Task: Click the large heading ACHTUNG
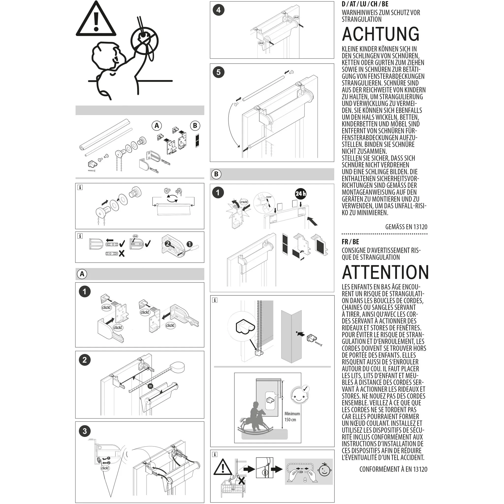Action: (x=380, y=34)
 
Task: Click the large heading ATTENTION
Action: (x=385, y=272)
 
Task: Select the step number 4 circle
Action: (x=218, y=10)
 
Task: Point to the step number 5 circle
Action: (x=218, y=72)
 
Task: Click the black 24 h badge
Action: (x=300, y=194)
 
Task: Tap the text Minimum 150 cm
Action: (x=292, y=417)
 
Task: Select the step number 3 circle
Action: (x=84, y=431)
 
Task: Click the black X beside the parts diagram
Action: (x=122, y=253)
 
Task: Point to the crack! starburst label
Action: (x=244, y=202)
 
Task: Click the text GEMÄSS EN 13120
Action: (x=406, y=227)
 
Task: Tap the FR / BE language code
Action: (x=350, y=242)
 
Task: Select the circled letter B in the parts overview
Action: (x=195, y=126)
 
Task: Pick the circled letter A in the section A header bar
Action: (x=82, y=274)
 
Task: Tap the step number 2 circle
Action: (x=84, y=360)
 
